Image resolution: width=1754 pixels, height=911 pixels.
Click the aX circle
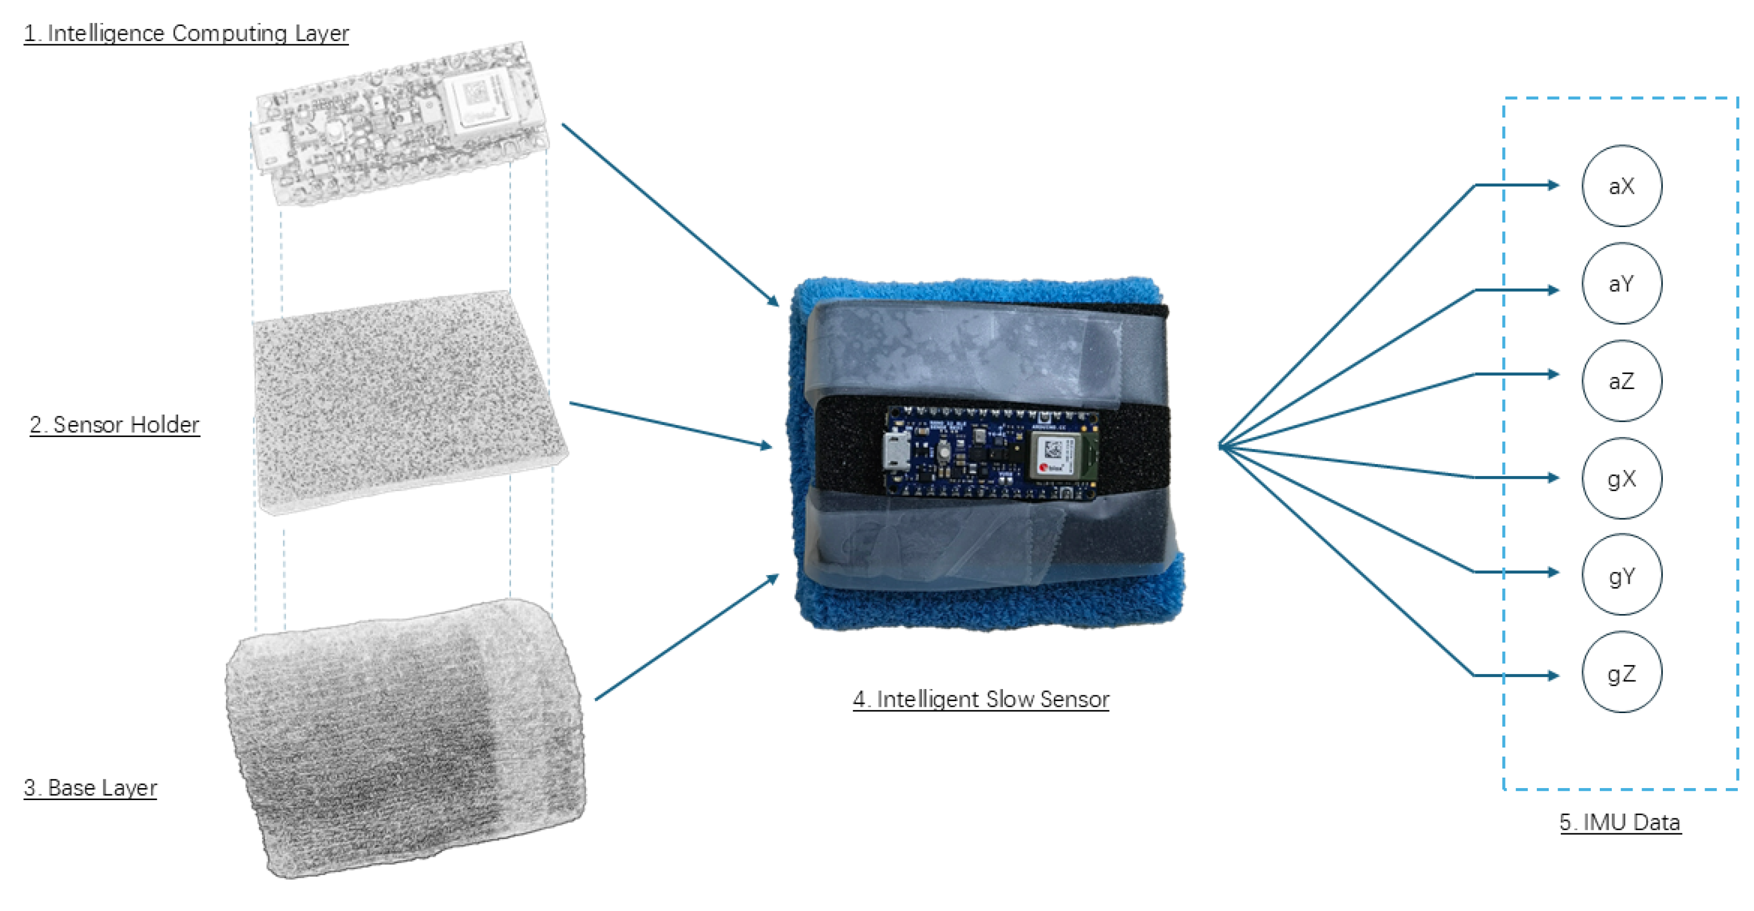(1621, 186)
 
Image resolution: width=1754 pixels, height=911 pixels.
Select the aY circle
(1621, 283)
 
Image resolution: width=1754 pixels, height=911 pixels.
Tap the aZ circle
(1621, 381)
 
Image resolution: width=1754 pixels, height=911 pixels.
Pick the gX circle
(1621, 479)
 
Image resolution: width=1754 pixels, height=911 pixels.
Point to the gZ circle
(1621, 672)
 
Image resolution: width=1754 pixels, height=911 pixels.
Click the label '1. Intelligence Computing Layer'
(186, 33)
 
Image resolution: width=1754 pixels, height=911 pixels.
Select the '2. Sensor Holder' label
(115, 424)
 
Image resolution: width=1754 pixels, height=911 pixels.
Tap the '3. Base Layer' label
(90, 787)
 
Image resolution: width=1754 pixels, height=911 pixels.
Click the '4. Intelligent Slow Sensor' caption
(980, 699)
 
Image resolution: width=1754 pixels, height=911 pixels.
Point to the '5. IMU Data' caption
(1620, 822)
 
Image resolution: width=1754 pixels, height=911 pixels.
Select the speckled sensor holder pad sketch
(408, 402)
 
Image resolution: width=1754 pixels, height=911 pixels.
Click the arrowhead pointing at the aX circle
(1553, 185)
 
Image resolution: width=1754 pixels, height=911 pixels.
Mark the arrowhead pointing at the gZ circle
(1553, 676)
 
